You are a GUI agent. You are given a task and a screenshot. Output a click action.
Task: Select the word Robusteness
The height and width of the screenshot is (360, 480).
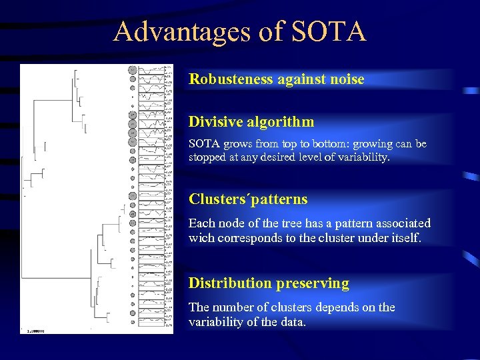[231, 79]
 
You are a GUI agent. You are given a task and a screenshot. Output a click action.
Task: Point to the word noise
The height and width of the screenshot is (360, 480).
[347, 79]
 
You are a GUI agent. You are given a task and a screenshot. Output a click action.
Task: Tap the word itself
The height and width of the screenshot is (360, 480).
[405, 237]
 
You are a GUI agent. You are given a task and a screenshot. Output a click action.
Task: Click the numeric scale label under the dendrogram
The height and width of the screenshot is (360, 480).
[35, 329]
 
